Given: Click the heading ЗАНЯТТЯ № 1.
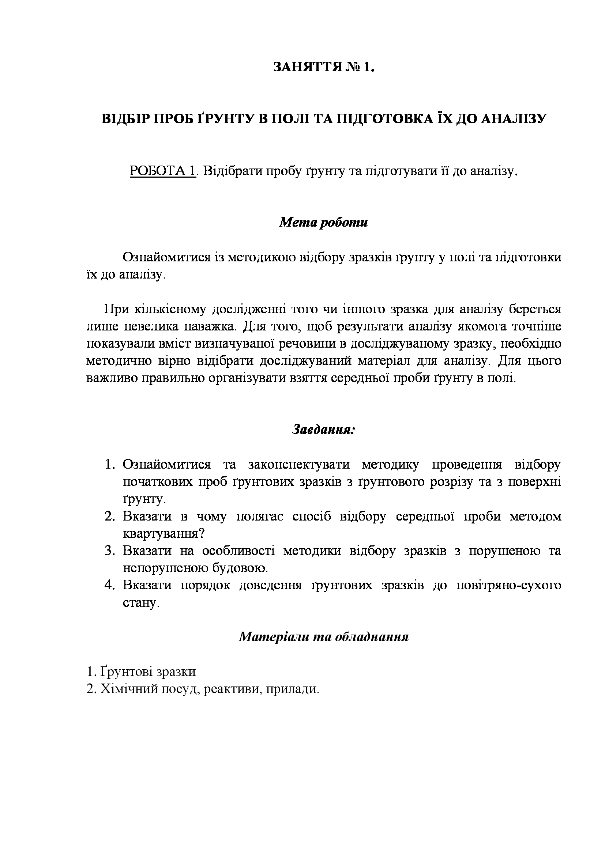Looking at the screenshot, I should click(x=324, y=67).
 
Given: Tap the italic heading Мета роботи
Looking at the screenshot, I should click(x=323, y=222).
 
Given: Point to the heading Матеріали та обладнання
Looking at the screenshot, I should click(x=323, y=636).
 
